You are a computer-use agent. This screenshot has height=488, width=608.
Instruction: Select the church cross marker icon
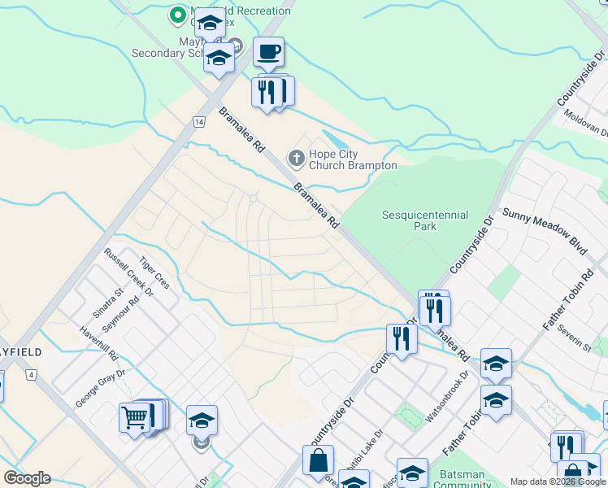[297, 158]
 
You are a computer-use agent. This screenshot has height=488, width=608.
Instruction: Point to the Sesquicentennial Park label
[425, 220]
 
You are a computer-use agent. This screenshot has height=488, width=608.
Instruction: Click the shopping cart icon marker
[134, 418]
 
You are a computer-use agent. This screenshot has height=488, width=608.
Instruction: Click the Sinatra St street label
[106, 303]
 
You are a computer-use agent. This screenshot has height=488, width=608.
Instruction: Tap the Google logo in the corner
[27, 478]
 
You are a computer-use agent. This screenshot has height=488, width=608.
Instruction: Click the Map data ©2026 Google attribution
[558, 481]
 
